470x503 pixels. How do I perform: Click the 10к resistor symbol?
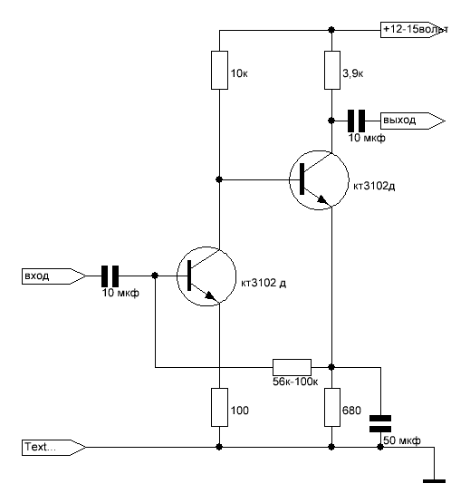[x=220, y=70]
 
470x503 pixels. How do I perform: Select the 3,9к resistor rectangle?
[x=332, y=70]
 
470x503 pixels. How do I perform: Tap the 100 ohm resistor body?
[x=220, y=408]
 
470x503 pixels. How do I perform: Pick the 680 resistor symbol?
[x=332, y=408]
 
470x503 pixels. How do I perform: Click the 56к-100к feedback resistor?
[x=292, y=367]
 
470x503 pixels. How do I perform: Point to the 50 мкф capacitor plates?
[x=380, y=424]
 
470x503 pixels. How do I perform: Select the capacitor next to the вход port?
[x=110, y=276]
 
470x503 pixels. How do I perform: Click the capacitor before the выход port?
[x=356, y=121]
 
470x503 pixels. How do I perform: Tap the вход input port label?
[x=53, y=276]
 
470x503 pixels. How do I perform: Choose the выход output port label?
[x=413, y=121]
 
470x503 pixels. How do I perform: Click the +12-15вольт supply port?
[x=414, y=30]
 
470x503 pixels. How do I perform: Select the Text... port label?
[x=53, y=447]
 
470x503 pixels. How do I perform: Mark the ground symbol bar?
[x=434, y=481]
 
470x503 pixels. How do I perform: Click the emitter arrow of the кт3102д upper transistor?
[x=321, y=199]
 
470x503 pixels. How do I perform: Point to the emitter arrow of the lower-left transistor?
[x=209, y=295]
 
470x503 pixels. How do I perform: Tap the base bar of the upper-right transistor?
[x=302, y=179]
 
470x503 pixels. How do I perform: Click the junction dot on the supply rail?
[x=331, y=30]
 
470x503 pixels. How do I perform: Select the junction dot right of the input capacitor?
[x=155, y=276]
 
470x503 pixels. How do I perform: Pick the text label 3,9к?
[x=352, y=73]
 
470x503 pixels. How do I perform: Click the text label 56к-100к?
[x=295, y=382]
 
